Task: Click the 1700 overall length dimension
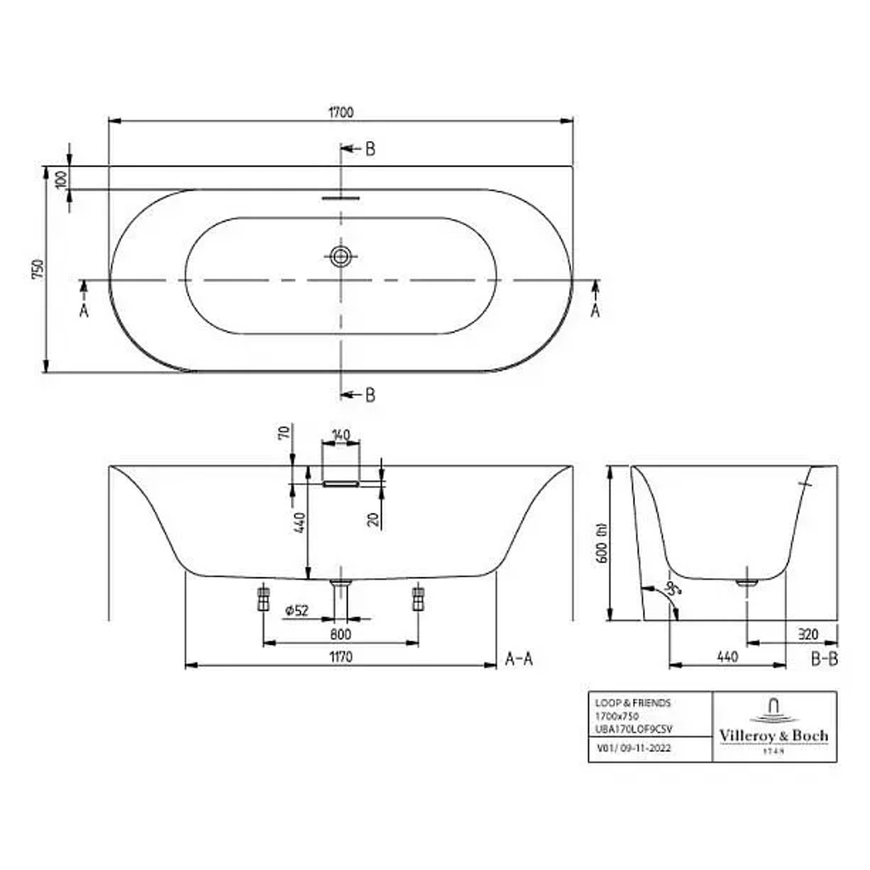tap(341, 112)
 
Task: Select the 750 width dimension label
tap(37, 269)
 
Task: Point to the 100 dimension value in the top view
tap(61, 179)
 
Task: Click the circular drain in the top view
tap(341, 256)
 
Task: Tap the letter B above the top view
tap(370, 149)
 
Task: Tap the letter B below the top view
tap(370, 395)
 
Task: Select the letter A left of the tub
tap(84, 311)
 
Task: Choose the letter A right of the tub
tap(595, 311)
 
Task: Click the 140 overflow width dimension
tap(341, 434)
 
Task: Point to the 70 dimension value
tap(284, 433)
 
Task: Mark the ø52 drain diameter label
tap(296, 610)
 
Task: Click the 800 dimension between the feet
tap(340, 634)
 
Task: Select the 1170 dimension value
tap(340, 657)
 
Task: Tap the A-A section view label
tap(519, 659)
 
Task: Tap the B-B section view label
tap(824, 659)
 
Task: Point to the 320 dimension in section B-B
tap(807, 634)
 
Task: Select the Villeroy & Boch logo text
tap(774, 735)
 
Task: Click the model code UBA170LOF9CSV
tap(633, 729)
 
